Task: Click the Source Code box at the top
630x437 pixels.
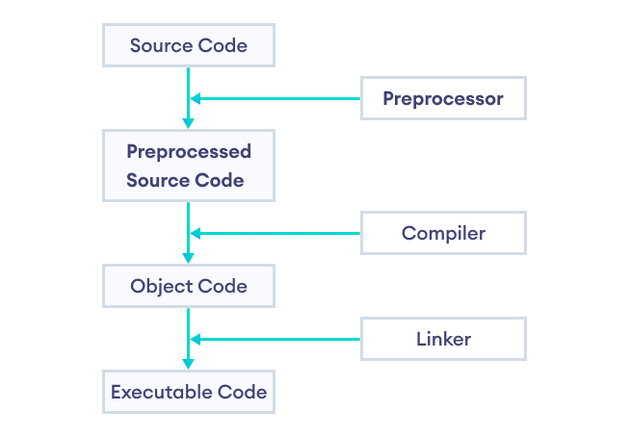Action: (189, 45)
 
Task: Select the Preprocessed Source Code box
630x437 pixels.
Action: (189, 166)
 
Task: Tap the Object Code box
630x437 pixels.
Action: (189, 286)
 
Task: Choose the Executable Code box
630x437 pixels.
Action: (189, 392)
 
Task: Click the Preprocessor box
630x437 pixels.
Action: (443, 98)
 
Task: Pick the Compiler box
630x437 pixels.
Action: (443, 233)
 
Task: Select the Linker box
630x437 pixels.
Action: (443, 339)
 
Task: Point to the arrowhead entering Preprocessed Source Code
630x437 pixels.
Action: (189, 123)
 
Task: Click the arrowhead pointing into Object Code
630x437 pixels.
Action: (189, 258)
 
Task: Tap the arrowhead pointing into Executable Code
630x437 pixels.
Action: (189, 364)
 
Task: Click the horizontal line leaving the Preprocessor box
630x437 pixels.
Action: (279, 98)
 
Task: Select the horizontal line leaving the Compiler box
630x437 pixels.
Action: (279, 233)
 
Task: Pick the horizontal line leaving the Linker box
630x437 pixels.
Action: (279, 339)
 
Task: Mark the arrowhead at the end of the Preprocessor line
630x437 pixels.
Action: (196, 98)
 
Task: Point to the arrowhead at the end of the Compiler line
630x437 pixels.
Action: (196, 233)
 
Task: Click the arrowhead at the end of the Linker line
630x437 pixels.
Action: (196, 339)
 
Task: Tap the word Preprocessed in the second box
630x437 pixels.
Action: (189, 152)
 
